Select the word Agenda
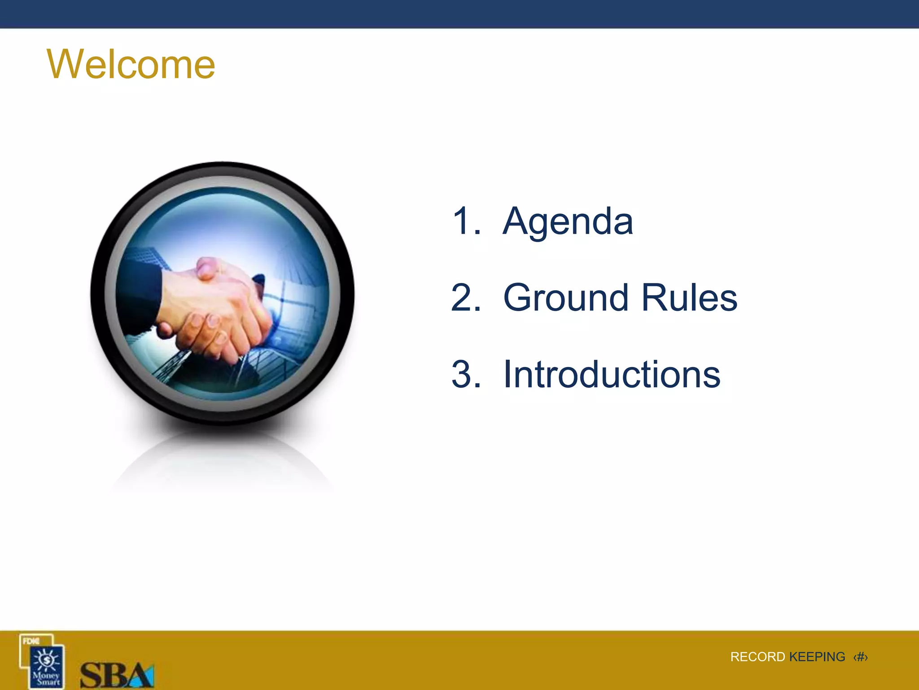(568, 221)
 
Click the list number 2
(465, 298)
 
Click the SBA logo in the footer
(117, 675)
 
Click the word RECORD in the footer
(757, 657)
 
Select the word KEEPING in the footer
(817, 657)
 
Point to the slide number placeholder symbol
(860, 657)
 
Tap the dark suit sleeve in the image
(139, 296)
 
